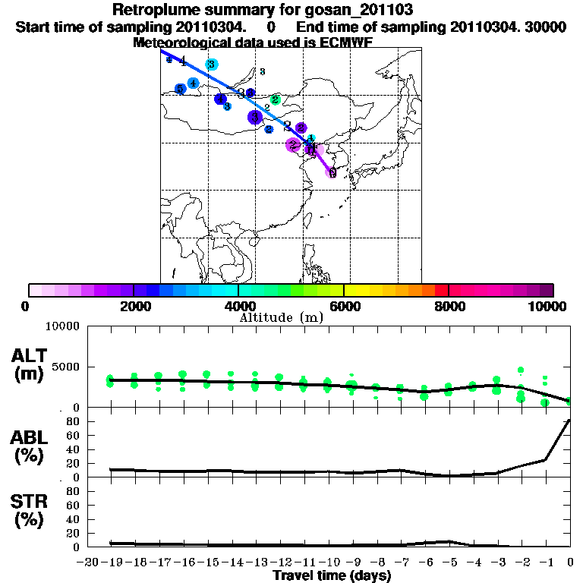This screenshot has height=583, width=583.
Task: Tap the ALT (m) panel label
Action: (x=30, y=364)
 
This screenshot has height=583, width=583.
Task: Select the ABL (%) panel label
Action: (x=30, y=446)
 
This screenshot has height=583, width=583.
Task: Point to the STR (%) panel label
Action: (x=30, y=510)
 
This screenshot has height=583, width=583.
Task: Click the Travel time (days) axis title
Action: (x=332, y=576)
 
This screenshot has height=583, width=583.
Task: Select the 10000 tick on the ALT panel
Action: (x=62, y=326)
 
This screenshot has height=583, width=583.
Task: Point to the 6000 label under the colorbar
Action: (x=344, y=307)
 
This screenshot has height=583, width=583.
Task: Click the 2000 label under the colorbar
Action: (x=134, y=307)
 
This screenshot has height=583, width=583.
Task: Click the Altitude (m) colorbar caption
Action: (x=281, y=317)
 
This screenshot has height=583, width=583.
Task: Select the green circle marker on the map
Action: (x=275, y=99)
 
